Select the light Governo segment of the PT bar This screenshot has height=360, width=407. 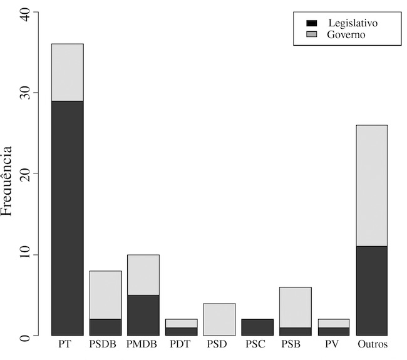[x=68, y=72]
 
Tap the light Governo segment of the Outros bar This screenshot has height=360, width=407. [x=371, y=185]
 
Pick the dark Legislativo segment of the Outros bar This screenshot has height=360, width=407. [x=371, y=291]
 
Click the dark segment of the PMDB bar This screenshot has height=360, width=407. [x=143, y=315]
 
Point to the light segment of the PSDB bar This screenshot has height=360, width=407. [x=106, y=295]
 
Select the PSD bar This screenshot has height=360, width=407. [x=219, y=319]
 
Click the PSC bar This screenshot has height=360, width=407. [x=257, y=327]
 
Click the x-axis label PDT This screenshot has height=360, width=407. [x=182, y=345]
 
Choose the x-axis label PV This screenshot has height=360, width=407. [x=333, y=345]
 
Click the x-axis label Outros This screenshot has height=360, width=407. [x=371, y=345]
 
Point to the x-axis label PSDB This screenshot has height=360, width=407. [x=106, y=345]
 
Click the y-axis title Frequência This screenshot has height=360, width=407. [x=7, y=182]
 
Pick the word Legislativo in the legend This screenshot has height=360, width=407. [x=353, y=23]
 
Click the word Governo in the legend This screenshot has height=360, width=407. [x=346, y=34]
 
